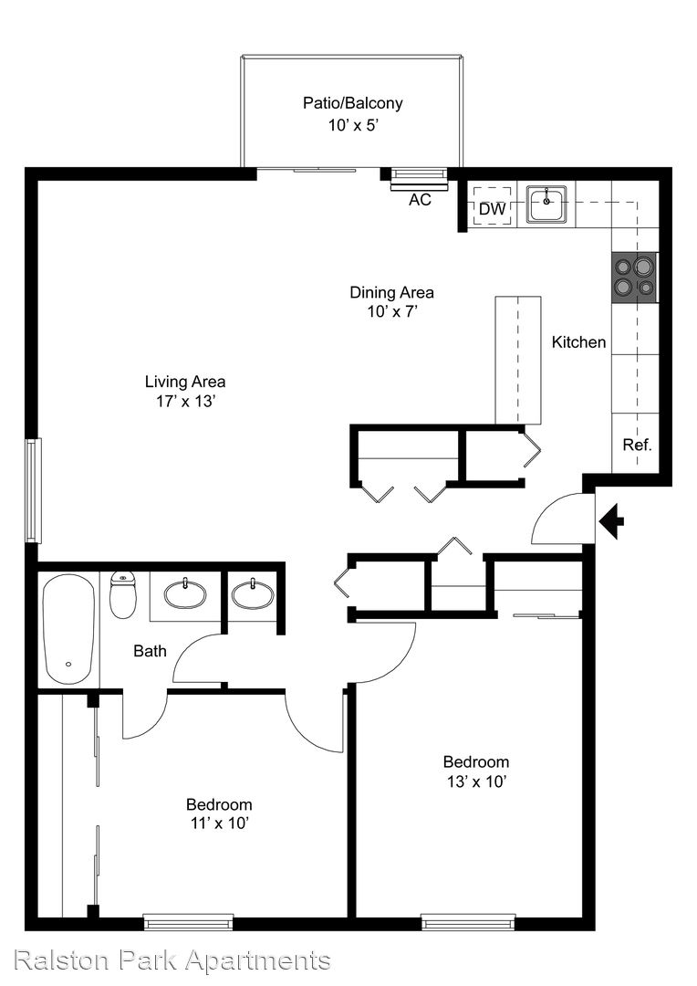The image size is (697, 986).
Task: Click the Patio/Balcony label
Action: (x=352, y=103)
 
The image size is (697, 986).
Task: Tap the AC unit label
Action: (x=420, y=200)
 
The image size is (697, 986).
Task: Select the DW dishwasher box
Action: (x=492, y=207)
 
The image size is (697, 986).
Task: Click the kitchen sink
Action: (x=546, y=204)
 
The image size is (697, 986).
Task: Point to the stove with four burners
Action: (x=634, y=278)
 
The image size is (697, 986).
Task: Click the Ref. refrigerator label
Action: (x=637, y=446)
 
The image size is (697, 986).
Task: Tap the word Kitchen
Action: (x=578, y=342)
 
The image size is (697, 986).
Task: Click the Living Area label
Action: (x=185, y=382)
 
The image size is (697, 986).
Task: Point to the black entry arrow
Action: (x=611, y=521)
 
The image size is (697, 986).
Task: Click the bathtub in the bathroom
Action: (x=68, y=629)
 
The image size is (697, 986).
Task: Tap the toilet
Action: (x=123, y=595)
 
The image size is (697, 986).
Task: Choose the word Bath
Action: (x=151, y=651)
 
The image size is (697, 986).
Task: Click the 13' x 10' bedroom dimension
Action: (x=476, y=781)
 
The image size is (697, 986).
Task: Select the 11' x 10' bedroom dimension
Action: (x=220, y=823)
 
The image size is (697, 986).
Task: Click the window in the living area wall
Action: (x=33, y=490)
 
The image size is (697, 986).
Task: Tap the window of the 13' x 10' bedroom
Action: (x=468, y=922)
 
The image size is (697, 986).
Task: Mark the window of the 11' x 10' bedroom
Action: (x=189, y=922)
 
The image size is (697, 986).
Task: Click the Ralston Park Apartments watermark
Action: (x=172, y=960)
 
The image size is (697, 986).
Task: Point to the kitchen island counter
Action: (x=518, y=361)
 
